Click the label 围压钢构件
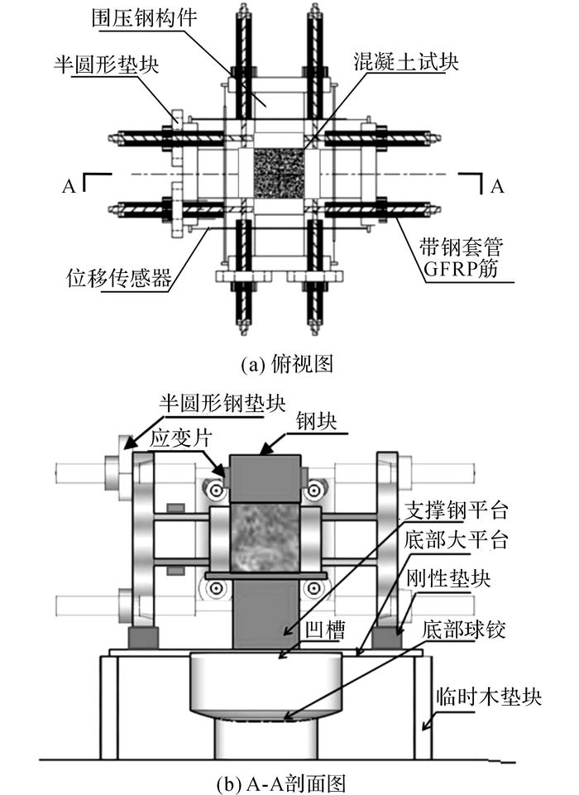click(146, 19)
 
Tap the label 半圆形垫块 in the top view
click(107, 65)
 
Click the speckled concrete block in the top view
click(279, 174)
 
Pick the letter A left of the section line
click(69, 187)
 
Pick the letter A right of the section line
click(497, 187)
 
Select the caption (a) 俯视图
click(287, 364)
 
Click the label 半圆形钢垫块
click(223, 403)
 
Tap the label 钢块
click(317, 422)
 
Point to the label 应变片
click(179, 438)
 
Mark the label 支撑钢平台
click(456, 510)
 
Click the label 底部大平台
click(456, 540)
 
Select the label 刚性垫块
click(448, 577)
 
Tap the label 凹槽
click(326, 630)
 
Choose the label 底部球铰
click(464, 630)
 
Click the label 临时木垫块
click(490, 697)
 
